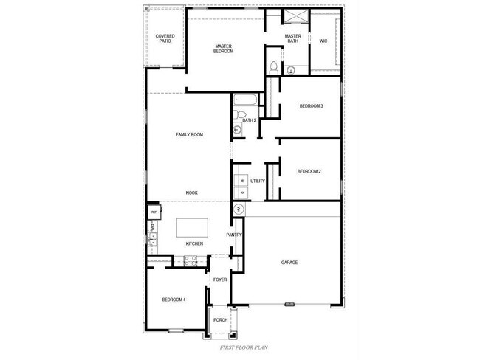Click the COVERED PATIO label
point(164,38)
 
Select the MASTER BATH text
point(293,38)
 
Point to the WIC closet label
point(323,41)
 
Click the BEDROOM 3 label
point(311,106)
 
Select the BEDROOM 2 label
point(309,172)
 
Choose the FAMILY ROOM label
point(189,134)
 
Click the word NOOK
point(191,193)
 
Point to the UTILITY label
point(257,181)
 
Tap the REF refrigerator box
point(154,212)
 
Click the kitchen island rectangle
point(191,226)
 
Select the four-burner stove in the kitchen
point(188,260)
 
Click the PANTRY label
point(235,235)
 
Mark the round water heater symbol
point(239,210)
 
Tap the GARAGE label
point(289,263)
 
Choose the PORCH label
point(220,319)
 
